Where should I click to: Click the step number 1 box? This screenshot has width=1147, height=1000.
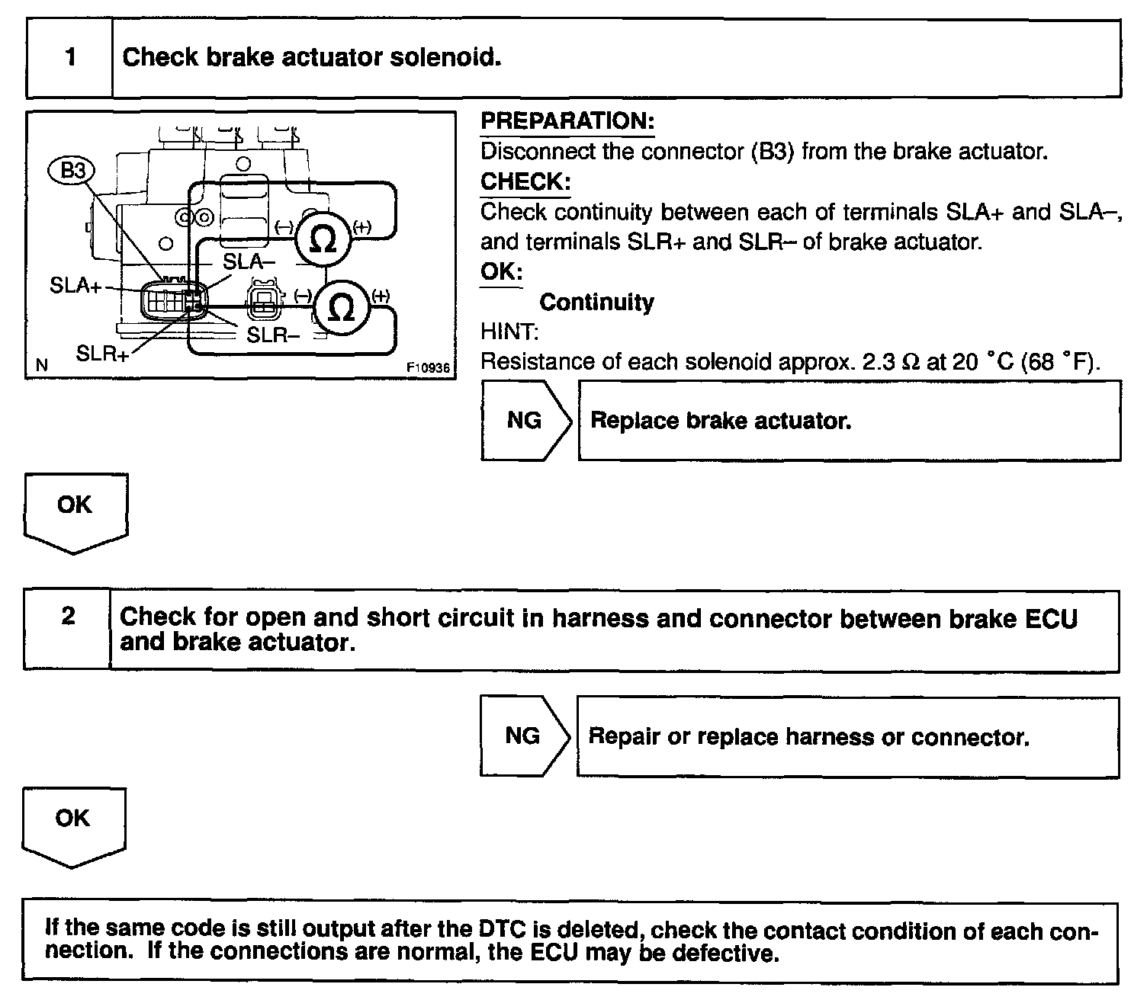click(70, 59)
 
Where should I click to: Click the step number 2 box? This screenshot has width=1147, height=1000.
click(68, 630)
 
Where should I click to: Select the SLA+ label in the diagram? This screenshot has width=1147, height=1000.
click(76, 287)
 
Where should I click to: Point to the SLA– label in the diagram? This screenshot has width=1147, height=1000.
click(249, 262)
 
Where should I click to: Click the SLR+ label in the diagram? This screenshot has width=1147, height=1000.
click(102, 354)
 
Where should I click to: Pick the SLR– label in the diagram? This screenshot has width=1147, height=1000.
click(272, 335)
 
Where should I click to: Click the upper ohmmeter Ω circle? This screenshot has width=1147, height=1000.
click(324, 239)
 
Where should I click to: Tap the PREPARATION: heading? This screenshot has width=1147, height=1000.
click(567, 121)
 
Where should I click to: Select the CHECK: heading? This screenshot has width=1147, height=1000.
click(525, 182)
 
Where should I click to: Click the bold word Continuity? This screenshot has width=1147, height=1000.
click(596, 303)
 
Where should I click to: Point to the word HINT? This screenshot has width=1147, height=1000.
click(509, 332)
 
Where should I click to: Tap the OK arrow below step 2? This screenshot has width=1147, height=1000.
click(73, 825)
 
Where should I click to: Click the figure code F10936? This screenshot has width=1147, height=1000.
click(429, 367)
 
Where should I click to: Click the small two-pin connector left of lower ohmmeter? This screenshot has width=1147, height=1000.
click(262, 303)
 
